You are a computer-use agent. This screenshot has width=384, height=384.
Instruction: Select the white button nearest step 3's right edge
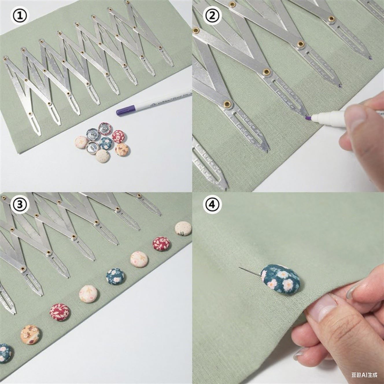click(183, 228)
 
